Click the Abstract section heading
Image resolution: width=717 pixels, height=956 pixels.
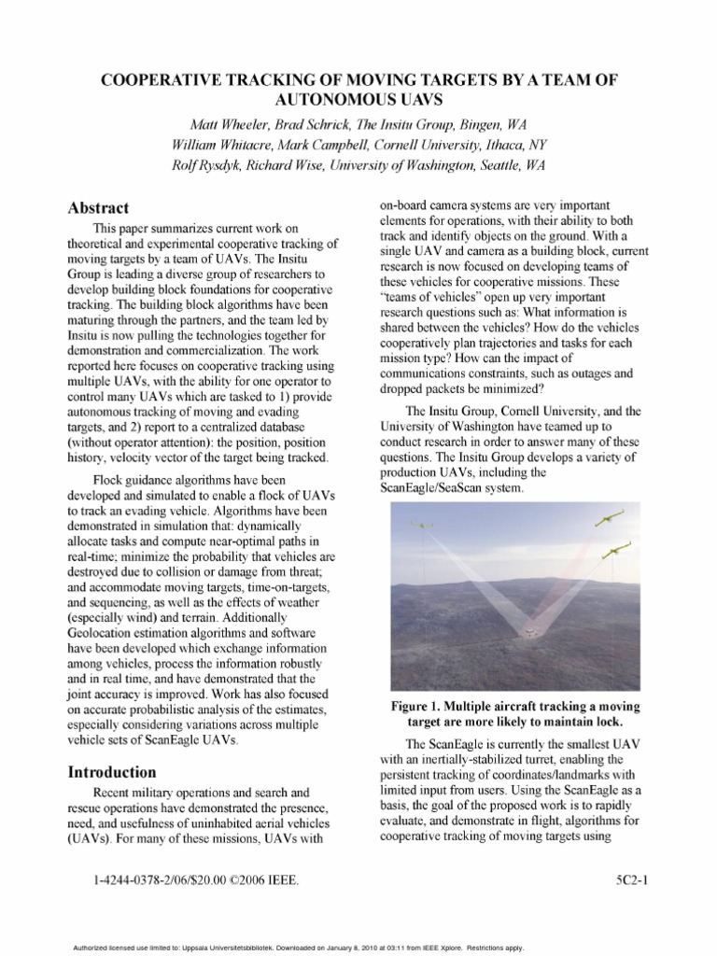point(98,208)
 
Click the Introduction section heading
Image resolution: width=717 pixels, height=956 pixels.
point(111,772)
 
